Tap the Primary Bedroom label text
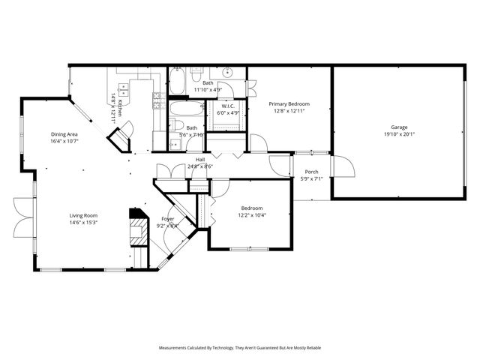[x=289, y=104]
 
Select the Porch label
[x=311, y=172]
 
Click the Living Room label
[x=84, y=214]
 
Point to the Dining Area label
[x=64, y=133]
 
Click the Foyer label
[x=167, y=219]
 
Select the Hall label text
[x=200, y=159]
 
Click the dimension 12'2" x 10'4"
[x=251, y=215]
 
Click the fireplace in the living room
[x=138, y=227]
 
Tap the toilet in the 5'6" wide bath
[x=174, y=143]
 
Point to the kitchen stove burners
[x=158, y=99]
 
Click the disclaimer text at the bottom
[x=239, y=348]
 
